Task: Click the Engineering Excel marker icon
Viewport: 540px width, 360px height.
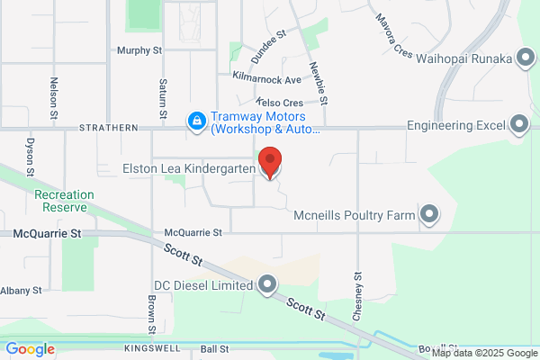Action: [518, 124]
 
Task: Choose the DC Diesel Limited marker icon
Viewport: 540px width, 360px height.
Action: [266, 285]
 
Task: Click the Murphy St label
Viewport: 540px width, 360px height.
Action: [139, 50]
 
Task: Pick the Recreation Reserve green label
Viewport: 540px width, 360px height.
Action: [61, 201]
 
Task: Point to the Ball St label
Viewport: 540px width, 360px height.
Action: [215, 348]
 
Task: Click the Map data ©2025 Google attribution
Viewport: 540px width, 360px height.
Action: [490, 352]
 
